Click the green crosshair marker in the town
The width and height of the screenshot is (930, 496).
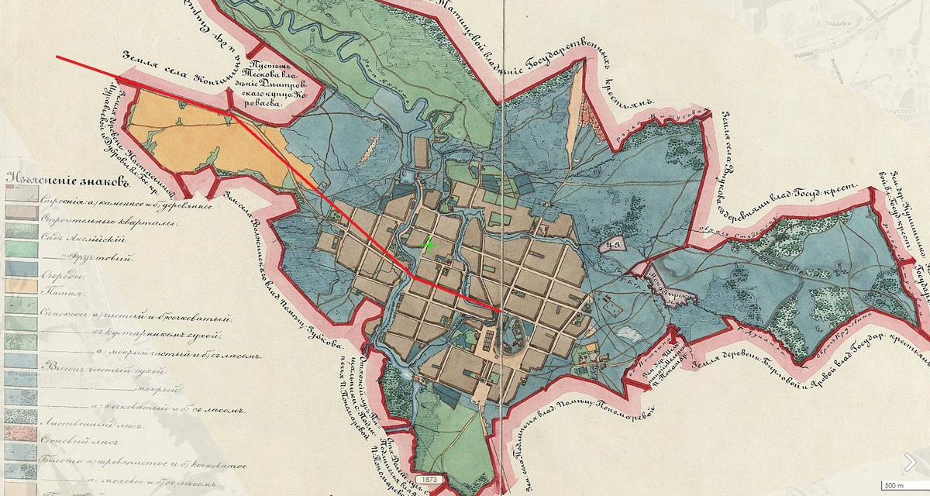pos(429,245)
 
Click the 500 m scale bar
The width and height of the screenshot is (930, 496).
pos(894,485)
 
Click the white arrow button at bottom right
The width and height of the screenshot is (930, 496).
pos(910,462)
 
